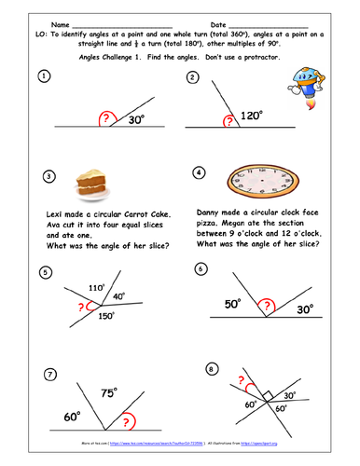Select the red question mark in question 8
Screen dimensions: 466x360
(x=245, y=381)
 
